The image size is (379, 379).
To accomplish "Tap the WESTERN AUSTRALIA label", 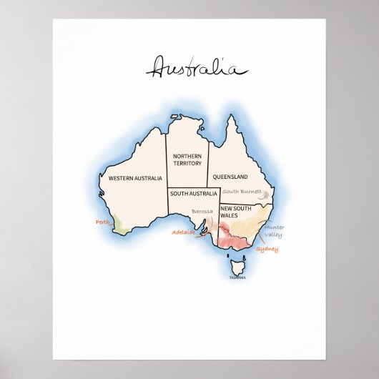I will [134, 177].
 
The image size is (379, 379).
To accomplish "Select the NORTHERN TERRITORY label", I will [187, 159].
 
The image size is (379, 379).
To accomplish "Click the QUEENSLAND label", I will [230, 177].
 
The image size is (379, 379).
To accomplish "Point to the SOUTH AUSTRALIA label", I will [193, 194].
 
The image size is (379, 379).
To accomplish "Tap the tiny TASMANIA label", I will [237, 277].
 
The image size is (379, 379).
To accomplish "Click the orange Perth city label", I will [102, 222].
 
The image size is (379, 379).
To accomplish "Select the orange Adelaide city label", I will [183, 232].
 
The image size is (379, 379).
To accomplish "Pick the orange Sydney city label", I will [267, 250].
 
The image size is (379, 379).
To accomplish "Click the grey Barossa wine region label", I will [202, 212].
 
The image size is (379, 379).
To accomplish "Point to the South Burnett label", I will [241, 192].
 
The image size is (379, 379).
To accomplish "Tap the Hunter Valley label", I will [272, 231].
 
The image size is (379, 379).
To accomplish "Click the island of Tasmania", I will [239, 268].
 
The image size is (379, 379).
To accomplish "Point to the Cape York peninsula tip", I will [230, 117].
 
